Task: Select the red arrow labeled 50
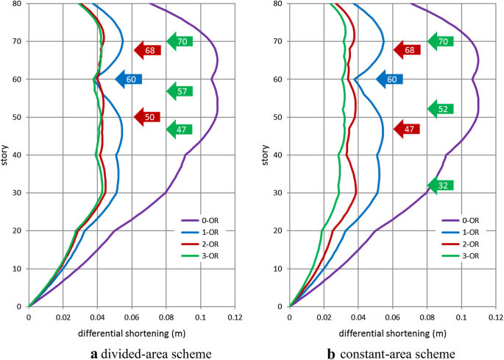tap(147, 117)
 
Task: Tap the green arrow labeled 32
tap(441, 185)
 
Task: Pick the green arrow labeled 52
tap(441, 109)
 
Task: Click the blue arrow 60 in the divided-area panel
tap(129, 79)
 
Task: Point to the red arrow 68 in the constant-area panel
tap(408, 50)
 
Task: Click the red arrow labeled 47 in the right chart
tap(408, 128)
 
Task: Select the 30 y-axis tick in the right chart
tap(279, 193)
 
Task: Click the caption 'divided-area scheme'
tap(147, 353)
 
